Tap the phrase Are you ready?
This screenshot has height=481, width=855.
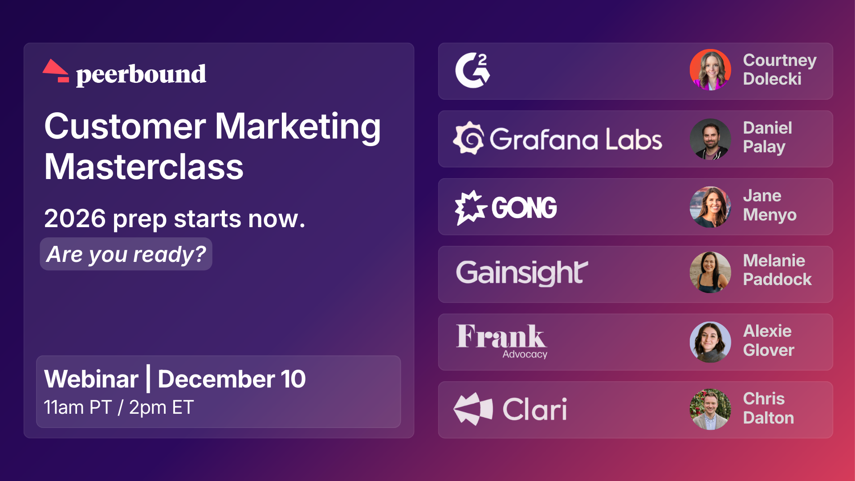pos(126,254)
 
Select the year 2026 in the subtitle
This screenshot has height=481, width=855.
pos(75,219)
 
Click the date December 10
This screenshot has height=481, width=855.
pos(232,379)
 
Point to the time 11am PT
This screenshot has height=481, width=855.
pos(77,408)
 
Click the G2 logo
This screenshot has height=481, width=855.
pos(472,70)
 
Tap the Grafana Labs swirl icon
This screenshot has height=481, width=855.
pos(469,139)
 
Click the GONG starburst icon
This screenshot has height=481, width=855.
pos(470,207)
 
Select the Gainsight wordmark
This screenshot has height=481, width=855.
pos(522,273)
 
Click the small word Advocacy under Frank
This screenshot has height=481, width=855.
pos(525,355)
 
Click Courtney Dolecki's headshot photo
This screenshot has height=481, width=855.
pos(710,70)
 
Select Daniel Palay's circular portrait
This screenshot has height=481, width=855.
pos(710,139)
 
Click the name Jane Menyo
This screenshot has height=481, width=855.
pos(769,205)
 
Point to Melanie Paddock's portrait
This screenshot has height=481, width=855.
pos(710,272)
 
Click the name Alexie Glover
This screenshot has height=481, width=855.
pos(768,341)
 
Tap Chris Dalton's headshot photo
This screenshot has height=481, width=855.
pos(710,409)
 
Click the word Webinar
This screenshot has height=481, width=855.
pos(91,379)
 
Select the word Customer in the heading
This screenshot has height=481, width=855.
pos(125,126)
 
